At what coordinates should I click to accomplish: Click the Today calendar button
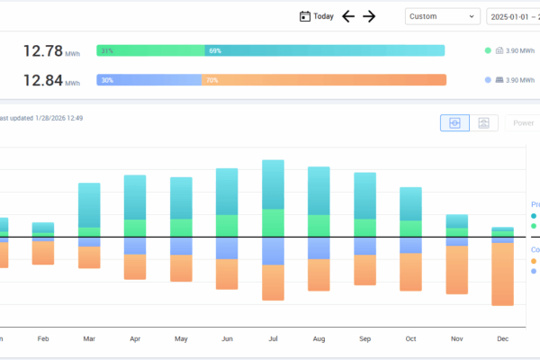(316, 16)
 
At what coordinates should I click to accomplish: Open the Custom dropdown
(443, 16)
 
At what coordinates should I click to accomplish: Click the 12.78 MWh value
(42, 51)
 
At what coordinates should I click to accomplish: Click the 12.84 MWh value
(42, 80)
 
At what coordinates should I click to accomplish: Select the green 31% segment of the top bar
(150, 51)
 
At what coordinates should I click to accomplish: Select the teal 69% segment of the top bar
(324, 51)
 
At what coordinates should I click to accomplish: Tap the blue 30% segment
(148, 80)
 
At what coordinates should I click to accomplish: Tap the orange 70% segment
(324, 80)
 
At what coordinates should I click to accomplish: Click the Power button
(522, 123)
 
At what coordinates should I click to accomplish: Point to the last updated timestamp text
(40, 118)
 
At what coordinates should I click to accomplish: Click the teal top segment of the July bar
(274, 184)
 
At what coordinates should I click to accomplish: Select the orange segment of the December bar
(503, 274)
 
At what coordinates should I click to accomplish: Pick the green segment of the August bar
(319, 226)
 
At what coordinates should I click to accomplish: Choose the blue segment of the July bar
(274, 251)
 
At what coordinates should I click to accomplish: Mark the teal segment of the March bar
(89, 204)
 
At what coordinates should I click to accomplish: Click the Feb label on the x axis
(43, 338)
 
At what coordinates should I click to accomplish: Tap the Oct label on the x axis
(411, 338)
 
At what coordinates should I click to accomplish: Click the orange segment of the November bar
(457, 270)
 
